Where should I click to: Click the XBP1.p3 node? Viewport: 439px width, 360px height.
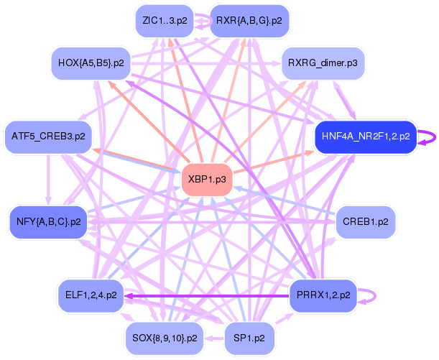tap(207, 178)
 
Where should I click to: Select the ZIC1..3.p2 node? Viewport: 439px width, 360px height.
tap(165, 21)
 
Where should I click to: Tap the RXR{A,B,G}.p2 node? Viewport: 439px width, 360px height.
tap(249, 21)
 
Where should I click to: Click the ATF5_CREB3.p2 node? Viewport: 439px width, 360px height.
tap(48, 136)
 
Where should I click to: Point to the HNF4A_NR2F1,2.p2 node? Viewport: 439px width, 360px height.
tap(366, 136)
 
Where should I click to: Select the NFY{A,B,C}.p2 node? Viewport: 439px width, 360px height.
tap(48, 221)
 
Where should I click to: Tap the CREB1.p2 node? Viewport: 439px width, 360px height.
tap(366, 221)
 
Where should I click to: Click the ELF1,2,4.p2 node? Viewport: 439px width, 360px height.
tap(90, 295)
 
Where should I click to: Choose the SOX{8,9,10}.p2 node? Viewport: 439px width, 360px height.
tap(165, 337)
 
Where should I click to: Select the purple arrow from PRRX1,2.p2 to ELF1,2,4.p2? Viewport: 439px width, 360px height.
tap(208, 295)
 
